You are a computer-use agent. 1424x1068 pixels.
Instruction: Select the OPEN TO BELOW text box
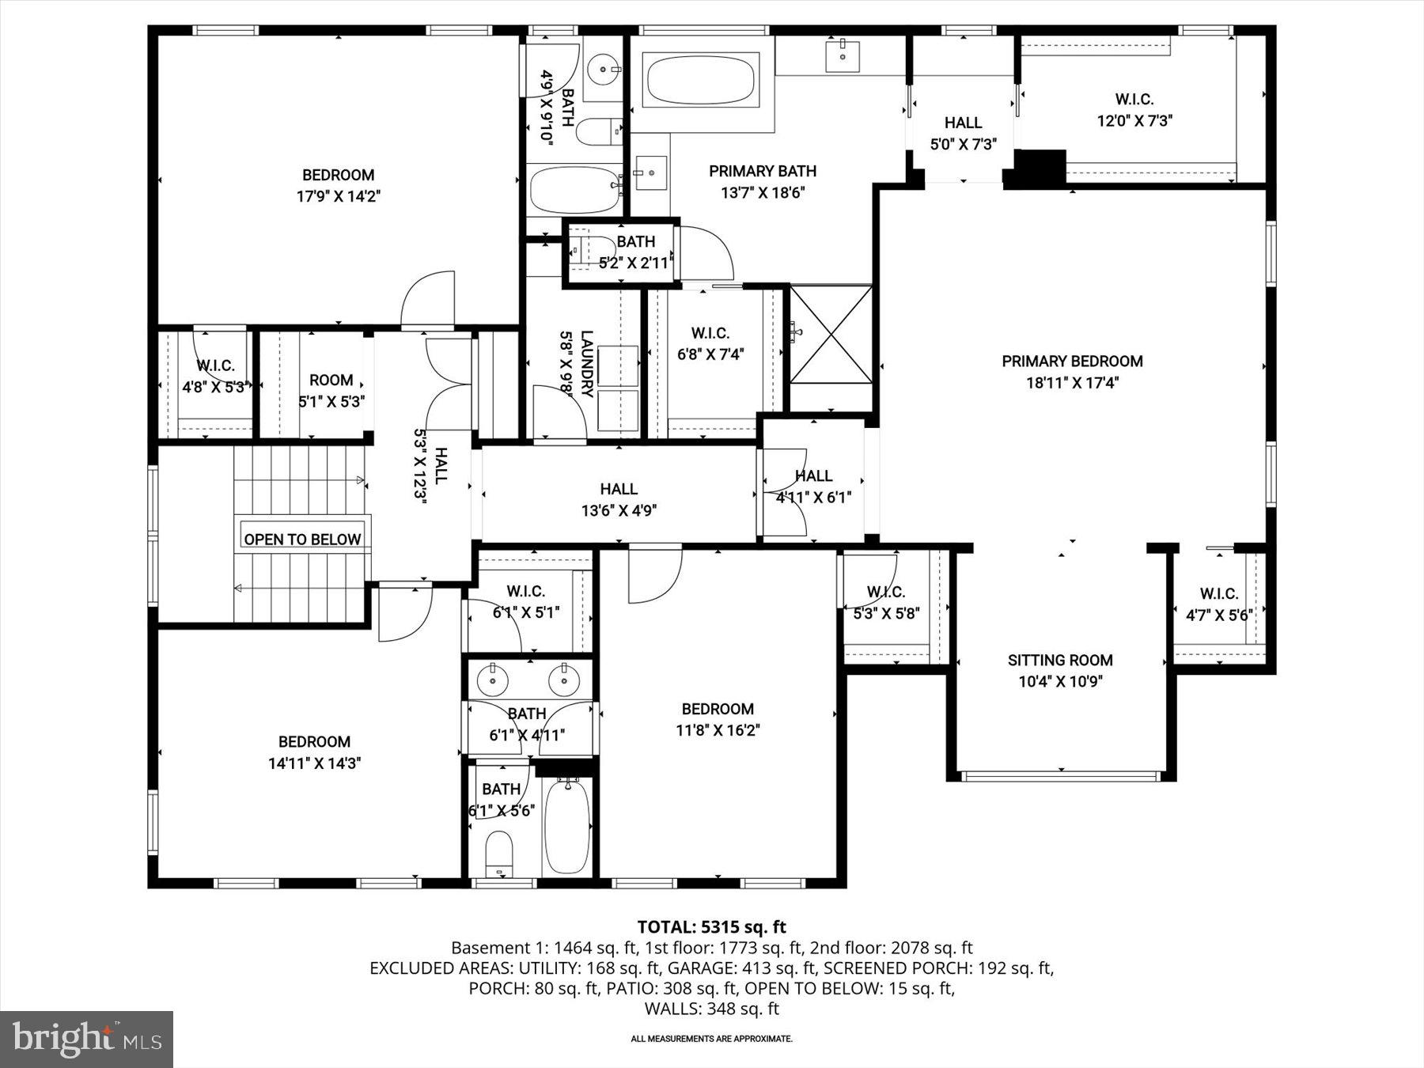(x=302, y=539)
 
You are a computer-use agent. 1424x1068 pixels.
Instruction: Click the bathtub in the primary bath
(x=701, y=79)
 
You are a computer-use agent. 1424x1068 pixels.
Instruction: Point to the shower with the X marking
(x=831, y=346)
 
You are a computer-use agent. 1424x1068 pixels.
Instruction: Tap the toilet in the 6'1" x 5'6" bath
(x=498, y=853)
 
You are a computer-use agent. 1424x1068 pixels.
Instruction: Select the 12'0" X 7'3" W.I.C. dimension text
(x=1134, y=121)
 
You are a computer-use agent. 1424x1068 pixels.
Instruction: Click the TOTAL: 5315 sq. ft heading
(x=711, y=926)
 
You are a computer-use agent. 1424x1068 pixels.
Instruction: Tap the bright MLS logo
(x=86, y=1039)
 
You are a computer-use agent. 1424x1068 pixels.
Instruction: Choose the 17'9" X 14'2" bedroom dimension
(x=338, y=196)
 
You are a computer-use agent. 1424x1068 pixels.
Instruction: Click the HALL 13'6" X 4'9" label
(x=619, y=500)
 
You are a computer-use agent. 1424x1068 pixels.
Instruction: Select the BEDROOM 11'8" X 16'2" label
(x=718, y=719)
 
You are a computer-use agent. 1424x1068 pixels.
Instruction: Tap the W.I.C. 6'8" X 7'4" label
(x=710, y=344)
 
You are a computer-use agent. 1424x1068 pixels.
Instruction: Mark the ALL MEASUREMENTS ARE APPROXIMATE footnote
(x=711, y=1039)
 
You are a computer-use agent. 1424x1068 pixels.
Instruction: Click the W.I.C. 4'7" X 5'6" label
(x=1218, y=604)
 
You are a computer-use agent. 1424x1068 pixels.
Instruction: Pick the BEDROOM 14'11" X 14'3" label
(x=314, y=752)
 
